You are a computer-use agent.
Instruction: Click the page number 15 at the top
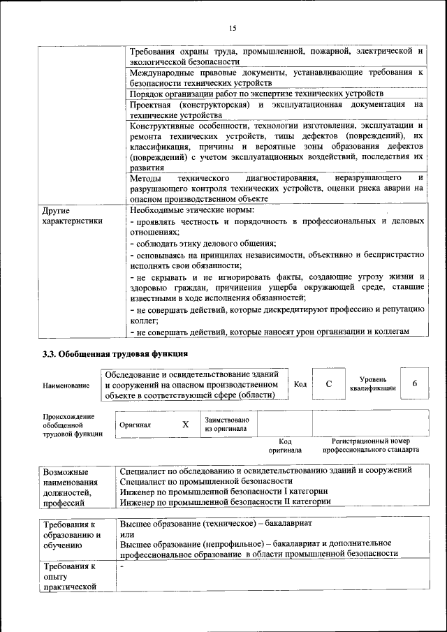tap(233, 27)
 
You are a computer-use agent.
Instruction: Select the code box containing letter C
tap(328, 384)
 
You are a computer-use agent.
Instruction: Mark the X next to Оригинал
tap(185, 424)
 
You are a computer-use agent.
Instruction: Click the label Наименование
tap(66, 385)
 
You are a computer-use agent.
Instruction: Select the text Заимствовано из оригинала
tap(226, 424)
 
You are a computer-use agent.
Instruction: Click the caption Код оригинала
tap(285, 446)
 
